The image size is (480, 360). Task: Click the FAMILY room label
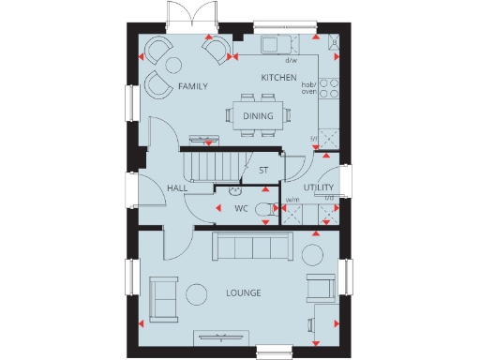(192, 86)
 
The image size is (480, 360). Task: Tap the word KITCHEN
(278, 77)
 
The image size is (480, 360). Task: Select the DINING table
(258, 115)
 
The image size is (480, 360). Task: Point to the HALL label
(177, 188)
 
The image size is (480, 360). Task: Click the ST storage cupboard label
(264, 171)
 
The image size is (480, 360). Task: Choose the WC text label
(240, 208)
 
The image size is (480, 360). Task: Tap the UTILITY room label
(319, 188)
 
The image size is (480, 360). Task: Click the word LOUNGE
(243, 293)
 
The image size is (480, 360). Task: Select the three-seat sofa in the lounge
(250, 247)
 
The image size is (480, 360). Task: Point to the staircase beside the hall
(216, 166)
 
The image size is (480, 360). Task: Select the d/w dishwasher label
(290, 60)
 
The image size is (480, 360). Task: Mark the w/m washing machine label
(292, 199)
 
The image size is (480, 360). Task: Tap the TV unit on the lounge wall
(221, 337)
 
